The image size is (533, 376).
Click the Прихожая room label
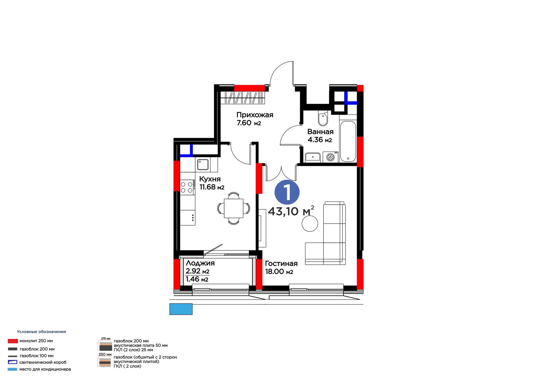click(x=255, y=115)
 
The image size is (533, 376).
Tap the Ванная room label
click(x=320, y=132)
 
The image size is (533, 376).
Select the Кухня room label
click(x=210, y=179)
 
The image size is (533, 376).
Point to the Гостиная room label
click(x=281, y=263)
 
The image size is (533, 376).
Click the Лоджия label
click(x=200, y=263)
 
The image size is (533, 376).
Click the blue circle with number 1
click(x=287, y=192)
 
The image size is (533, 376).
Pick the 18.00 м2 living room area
click(x=279, y=272)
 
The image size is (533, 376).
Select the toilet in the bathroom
click(x=323, y=118)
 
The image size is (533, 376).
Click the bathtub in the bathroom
click(x=348, y=142)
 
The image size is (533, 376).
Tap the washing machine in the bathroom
click(x=330, y=157)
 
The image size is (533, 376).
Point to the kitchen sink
click(x=203, y=165)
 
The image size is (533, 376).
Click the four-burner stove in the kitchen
click(x=187, y=188)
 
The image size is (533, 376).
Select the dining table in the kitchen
click(x=234, y=208)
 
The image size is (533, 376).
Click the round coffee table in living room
click(x=310, y=223)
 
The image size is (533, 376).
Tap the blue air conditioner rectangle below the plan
click(x=181, y=309)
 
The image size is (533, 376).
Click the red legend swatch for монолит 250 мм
click(x=13, y=341)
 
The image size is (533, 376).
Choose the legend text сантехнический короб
click(x=43, y=362)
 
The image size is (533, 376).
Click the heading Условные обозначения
click(x=41, y=331)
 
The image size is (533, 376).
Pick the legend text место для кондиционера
click(x=45, y=369)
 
